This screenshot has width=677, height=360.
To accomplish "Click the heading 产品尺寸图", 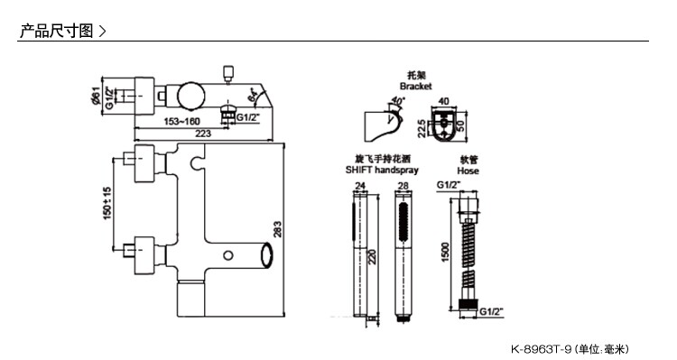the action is point(57,31).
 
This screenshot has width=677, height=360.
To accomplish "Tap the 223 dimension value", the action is point(203,134).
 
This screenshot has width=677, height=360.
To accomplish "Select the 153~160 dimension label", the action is point(181,121).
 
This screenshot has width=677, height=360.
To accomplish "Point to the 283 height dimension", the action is point(277,229).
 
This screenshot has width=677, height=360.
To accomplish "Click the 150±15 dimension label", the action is point(107,203).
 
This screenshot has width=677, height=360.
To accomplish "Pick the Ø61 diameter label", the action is point(96,96).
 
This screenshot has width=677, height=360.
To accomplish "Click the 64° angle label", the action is point(253,96).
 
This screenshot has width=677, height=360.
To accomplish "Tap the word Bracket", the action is point(415,87).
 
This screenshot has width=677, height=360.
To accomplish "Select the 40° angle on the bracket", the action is point(398,101).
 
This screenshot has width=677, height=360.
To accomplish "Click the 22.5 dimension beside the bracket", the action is point(422,129).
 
